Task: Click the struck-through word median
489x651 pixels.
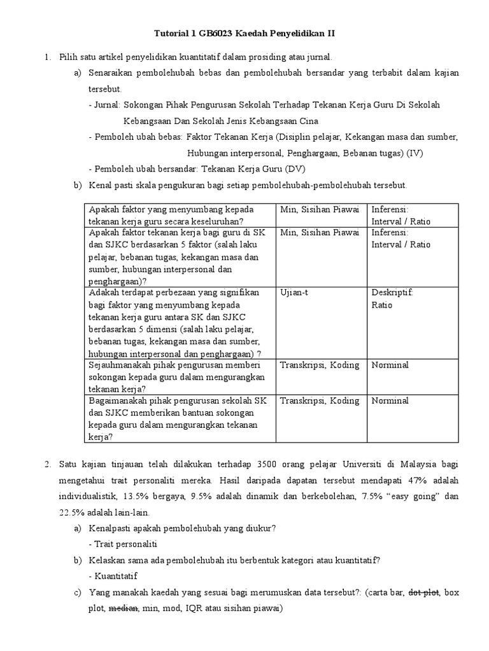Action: [x=124, y=608]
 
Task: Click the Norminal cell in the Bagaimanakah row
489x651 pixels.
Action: [x=390, y=401]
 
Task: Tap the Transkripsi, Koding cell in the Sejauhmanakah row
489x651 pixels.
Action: [x=320, y=365]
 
